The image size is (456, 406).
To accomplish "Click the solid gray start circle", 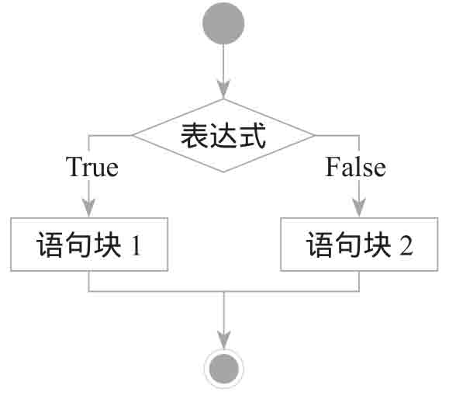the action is pyautogui.click(x=223, y=23).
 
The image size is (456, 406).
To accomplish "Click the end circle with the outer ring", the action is pyautogui.click(x=224, y=369).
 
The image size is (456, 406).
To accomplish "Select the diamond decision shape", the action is pyautogui.click(x=223, y=136).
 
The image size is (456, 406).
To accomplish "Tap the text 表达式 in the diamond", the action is pyautogui.click(x=223, y=136).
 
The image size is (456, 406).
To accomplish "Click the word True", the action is pyautogui.click(x=92, y=167).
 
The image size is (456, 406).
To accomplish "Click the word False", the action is pyautogui.click(x=355, y=167).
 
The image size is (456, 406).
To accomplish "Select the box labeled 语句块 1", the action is pyautogui.click(x=89, y=245).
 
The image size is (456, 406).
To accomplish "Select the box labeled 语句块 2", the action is pyautogui.click(x=359, y=245).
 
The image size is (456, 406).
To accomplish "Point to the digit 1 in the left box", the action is pyautogui.click(x=136, y=245).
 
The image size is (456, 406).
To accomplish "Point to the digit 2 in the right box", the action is pyautogui.click(x=406, y=245).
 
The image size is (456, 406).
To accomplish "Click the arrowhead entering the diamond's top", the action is pyautogui.click(x=223, y=89).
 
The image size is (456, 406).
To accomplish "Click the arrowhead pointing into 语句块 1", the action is pyautogui.click(x=88, y=208).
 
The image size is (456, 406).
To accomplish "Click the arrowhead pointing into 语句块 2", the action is pyautogui.click(x=359, y=208).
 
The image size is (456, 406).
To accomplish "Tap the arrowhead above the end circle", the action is pyautogui.click(x=224, y=339).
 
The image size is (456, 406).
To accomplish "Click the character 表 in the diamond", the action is pyautogui.click(x=194, y=136).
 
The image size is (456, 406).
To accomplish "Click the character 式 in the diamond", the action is pyautogui.click(x=253, y=136).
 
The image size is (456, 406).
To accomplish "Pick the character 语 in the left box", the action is pyautogui.click(x=50, y=245).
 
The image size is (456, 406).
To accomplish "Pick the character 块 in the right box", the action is pyautogui.click(x=378, y=245).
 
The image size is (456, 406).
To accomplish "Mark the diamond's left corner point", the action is pyautogui.click(x=133, y=135).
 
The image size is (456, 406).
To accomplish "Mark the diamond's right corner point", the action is pyautogui.click(x=314, y=135).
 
